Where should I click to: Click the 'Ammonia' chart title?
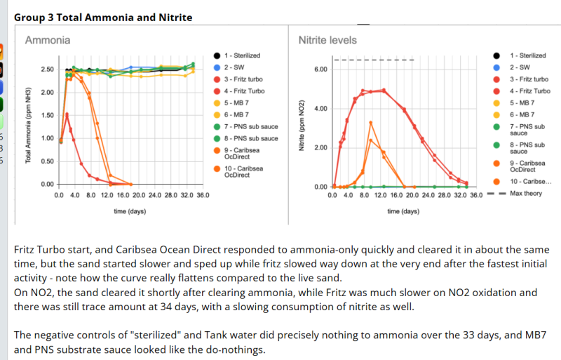point(48,41)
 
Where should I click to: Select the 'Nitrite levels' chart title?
point(327,41)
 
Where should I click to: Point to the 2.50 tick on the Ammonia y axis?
point(47,69)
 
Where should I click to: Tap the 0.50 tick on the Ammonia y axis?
point(47,161)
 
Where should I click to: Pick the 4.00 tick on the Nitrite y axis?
point(320,109)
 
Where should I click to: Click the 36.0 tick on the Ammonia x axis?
point(203,194)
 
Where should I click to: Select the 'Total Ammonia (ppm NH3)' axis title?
point(29,126)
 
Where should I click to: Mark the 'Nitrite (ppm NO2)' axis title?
point(302,126)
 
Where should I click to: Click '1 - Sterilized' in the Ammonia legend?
point(242,55)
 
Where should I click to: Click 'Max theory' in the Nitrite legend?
point(525,193)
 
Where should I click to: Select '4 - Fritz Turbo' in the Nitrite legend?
point(529,91)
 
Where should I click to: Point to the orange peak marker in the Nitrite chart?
point(370,123)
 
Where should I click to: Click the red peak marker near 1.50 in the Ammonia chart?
point(67,114)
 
